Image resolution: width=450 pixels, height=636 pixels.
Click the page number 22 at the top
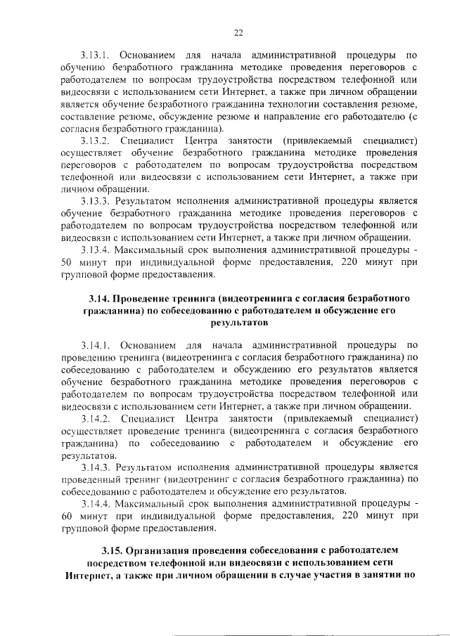238,32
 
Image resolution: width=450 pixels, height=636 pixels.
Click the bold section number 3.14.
99,299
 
